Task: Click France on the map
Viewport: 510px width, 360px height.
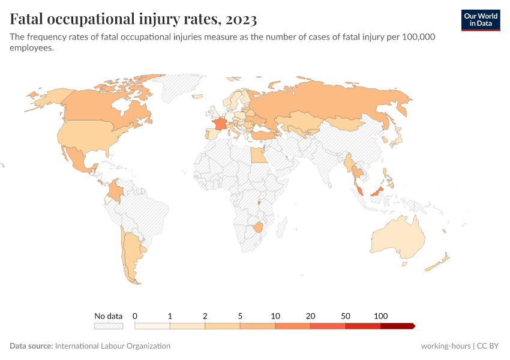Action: tap(219, 123)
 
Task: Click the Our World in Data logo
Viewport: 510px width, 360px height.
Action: tap(481, 19)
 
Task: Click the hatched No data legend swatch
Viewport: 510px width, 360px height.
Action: tap(108, 326)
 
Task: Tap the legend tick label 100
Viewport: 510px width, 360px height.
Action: tap(380, 316)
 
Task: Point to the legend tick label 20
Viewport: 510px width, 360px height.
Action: tap(310, 316)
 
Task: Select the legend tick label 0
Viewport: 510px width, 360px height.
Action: tap(135, 316)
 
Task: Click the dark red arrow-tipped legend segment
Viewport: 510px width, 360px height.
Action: tap(397, 326)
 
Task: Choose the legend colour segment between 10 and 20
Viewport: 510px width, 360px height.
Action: tap(293, 326)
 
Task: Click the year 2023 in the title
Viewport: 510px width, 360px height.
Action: tap(242, 19)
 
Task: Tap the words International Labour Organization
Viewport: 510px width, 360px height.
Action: tap(113, 346)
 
